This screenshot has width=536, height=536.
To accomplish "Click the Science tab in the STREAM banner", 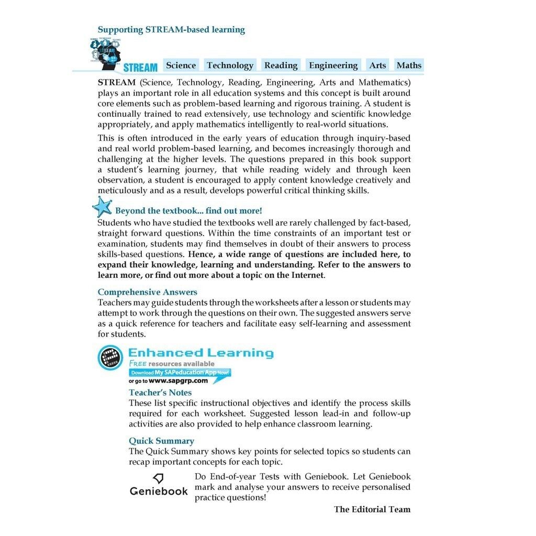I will click(181, 65).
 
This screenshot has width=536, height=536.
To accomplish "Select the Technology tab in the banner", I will click(230, 65).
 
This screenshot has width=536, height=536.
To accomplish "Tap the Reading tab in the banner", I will click(281, 65).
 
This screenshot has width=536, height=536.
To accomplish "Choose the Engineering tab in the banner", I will click(333, 65).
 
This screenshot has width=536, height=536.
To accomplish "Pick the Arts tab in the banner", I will click(377, 65).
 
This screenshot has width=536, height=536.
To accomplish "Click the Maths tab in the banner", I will click(409, 65).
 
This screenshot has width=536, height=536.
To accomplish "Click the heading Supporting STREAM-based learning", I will click(171, 30).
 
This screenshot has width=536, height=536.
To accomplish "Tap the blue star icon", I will click(102, 207).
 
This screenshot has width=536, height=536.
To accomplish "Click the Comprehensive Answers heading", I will click(147, 292).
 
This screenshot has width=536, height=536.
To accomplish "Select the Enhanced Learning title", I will click(201, 353).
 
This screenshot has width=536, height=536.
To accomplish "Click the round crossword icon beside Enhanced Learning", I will click(110, 358).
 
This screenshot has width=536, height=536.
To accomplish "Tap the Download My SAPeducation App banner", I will click(180, 373).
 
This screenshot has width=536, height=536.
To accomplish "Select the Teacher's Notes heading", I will click(160, 393).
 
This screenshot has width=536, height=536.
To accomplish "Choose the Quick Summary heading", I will click(161, 441).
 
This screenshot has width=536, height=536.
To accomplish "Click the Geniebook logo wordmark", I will click(159, 491).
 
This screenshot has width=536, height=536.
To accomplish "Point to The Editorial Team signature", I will click(372, 509).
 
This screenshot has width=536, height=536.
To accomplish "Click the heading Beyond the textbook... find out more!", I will click(188, 211).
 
